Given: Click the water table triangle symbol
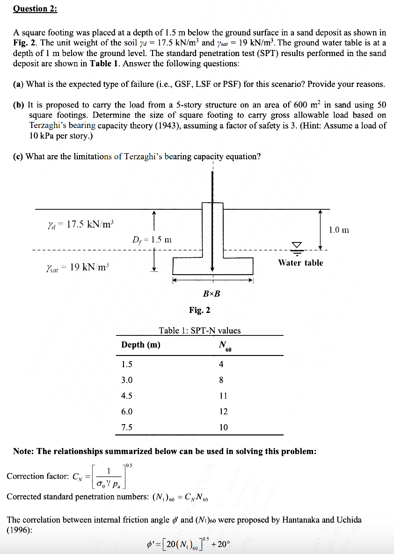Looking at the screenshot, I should coord(297,245).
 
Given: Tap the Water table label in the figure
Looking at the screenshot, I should coord(300,263).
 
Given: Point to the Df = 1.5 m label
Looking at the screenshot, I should coord(152,240).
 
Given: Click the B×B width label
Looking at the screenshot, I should coord(212,294).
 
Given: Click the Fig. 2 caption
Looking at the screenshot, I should coord(200,310).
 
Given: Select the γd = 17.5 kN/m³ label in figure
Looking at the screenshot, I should coord(79,224).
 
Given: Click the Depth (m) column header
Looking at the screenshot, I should coord(140,345).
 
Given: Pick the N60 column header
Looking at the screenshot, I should coord(224,346).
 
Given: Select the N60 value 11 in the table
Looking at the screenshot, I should coord(223,396).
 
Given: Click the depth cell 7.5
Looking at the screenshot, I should coord(126,427).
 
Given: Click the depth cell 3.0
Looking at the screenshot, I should coord(126,380).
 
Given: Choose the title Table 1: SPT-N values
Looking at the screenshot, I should coord(200,330).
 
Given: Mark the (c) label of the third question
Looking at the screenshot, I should coord(18,156).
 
